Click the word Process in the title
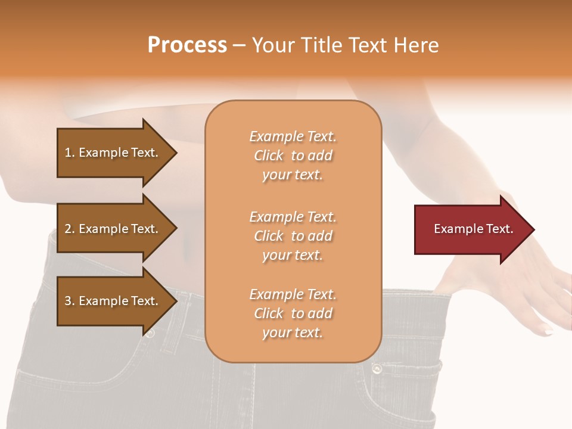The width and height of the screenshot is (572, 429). click(x=187, y=45)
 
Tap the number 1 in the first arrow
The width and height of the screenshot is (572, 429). click(x=68, y=153)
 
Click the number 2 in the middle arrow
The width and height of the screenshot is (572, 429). click(x=68, y=229)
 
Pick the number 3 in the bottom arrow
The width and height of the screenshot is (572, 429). click(x=68, y=301)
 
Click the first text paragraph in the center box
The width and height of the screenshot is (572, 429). click(x=293, y=156)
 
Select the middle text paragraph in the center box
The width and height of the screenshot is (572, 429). click(x=293, y=236)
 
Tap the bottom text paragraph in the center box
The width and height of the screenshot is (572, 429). click(x=293, y=313)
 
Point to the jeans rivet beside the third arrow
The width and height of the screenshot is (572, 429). click(x=150, y=333)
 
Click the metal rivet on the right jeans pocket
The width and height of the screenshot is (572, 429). click(x=377, y=369)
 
